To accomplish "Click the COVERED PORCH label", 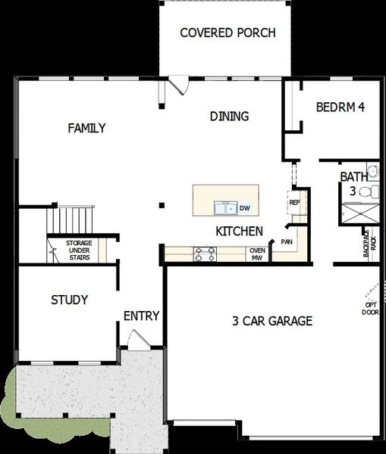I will (x=227, y=33).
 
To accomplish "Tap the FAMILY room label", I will (x=86, y=128).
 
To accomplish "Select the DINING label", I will (x=229, y=116).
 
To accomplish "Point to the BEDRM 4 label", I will (x=340, y=107).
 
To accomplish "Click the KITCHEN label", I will (x=239, y=231).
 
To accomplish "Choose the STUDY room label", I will (x=70, y=300).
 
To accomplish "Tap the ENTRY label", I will (x=141, y=316).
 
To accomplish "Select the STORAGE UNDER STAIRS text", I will (x=78, y=250).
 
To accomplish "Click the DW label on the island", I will (x=244, y=208).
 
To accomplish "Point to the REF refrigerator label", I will (x=294, y=202).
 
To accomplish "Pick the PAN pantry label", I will (x=287, y=242).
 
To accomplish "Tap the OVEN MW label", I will (x=257, y=254).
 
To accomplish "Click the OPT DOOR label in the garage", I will (x=370, y=308).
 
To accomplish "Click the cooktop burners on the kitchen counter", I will (x=206, y=253).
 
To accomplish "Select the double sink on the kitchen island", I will (x=224, y=208).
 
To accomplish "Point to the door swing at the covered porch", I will (x=179, y=85).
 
